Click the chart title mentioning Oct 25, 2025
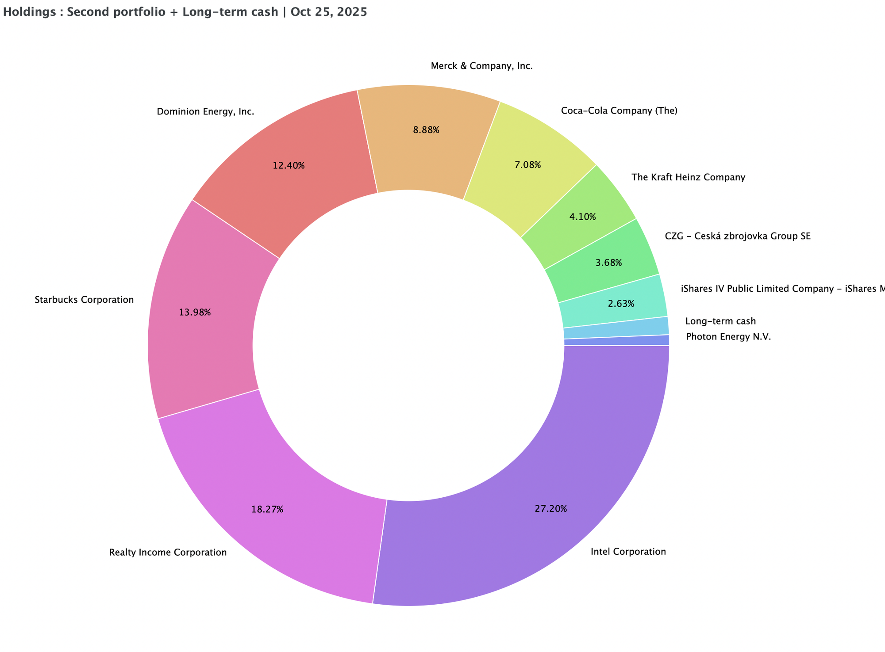point(185,12)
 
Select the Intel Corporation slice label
point(628,552)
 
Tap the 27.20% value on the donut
point(550,509)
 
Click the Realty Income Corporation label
point(168,553)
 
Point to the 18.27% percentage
point(267,509)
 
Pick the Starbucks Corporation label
point(84,300)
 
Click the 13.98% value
point(195,313)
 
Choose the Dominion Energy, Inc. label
point(206,112)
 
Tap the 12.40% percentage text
point(289,166)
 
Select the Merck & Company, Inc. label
point(481,67)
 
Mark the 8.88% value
point(426,130)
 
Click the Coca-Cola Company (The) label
point(619,111)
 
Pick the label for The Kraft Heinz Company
point(689,178)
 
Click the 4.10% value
point(582,217)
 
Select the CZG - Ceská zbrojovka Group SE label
point(738,236)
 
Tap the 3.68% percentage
point(608,263)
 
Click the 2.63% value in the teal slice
point(621,304)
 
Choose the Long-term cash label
point(720,321)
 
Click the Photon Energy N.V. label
point(728,337)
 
